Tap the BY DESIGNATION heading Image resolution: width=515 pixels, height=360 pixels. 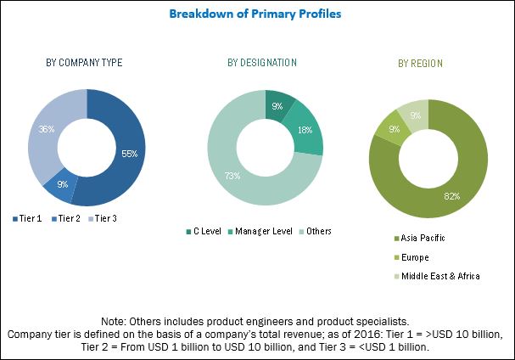click(x=262, y=63)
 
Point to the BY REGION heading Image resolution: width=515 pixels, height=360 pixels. click(x=420, y=63)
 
